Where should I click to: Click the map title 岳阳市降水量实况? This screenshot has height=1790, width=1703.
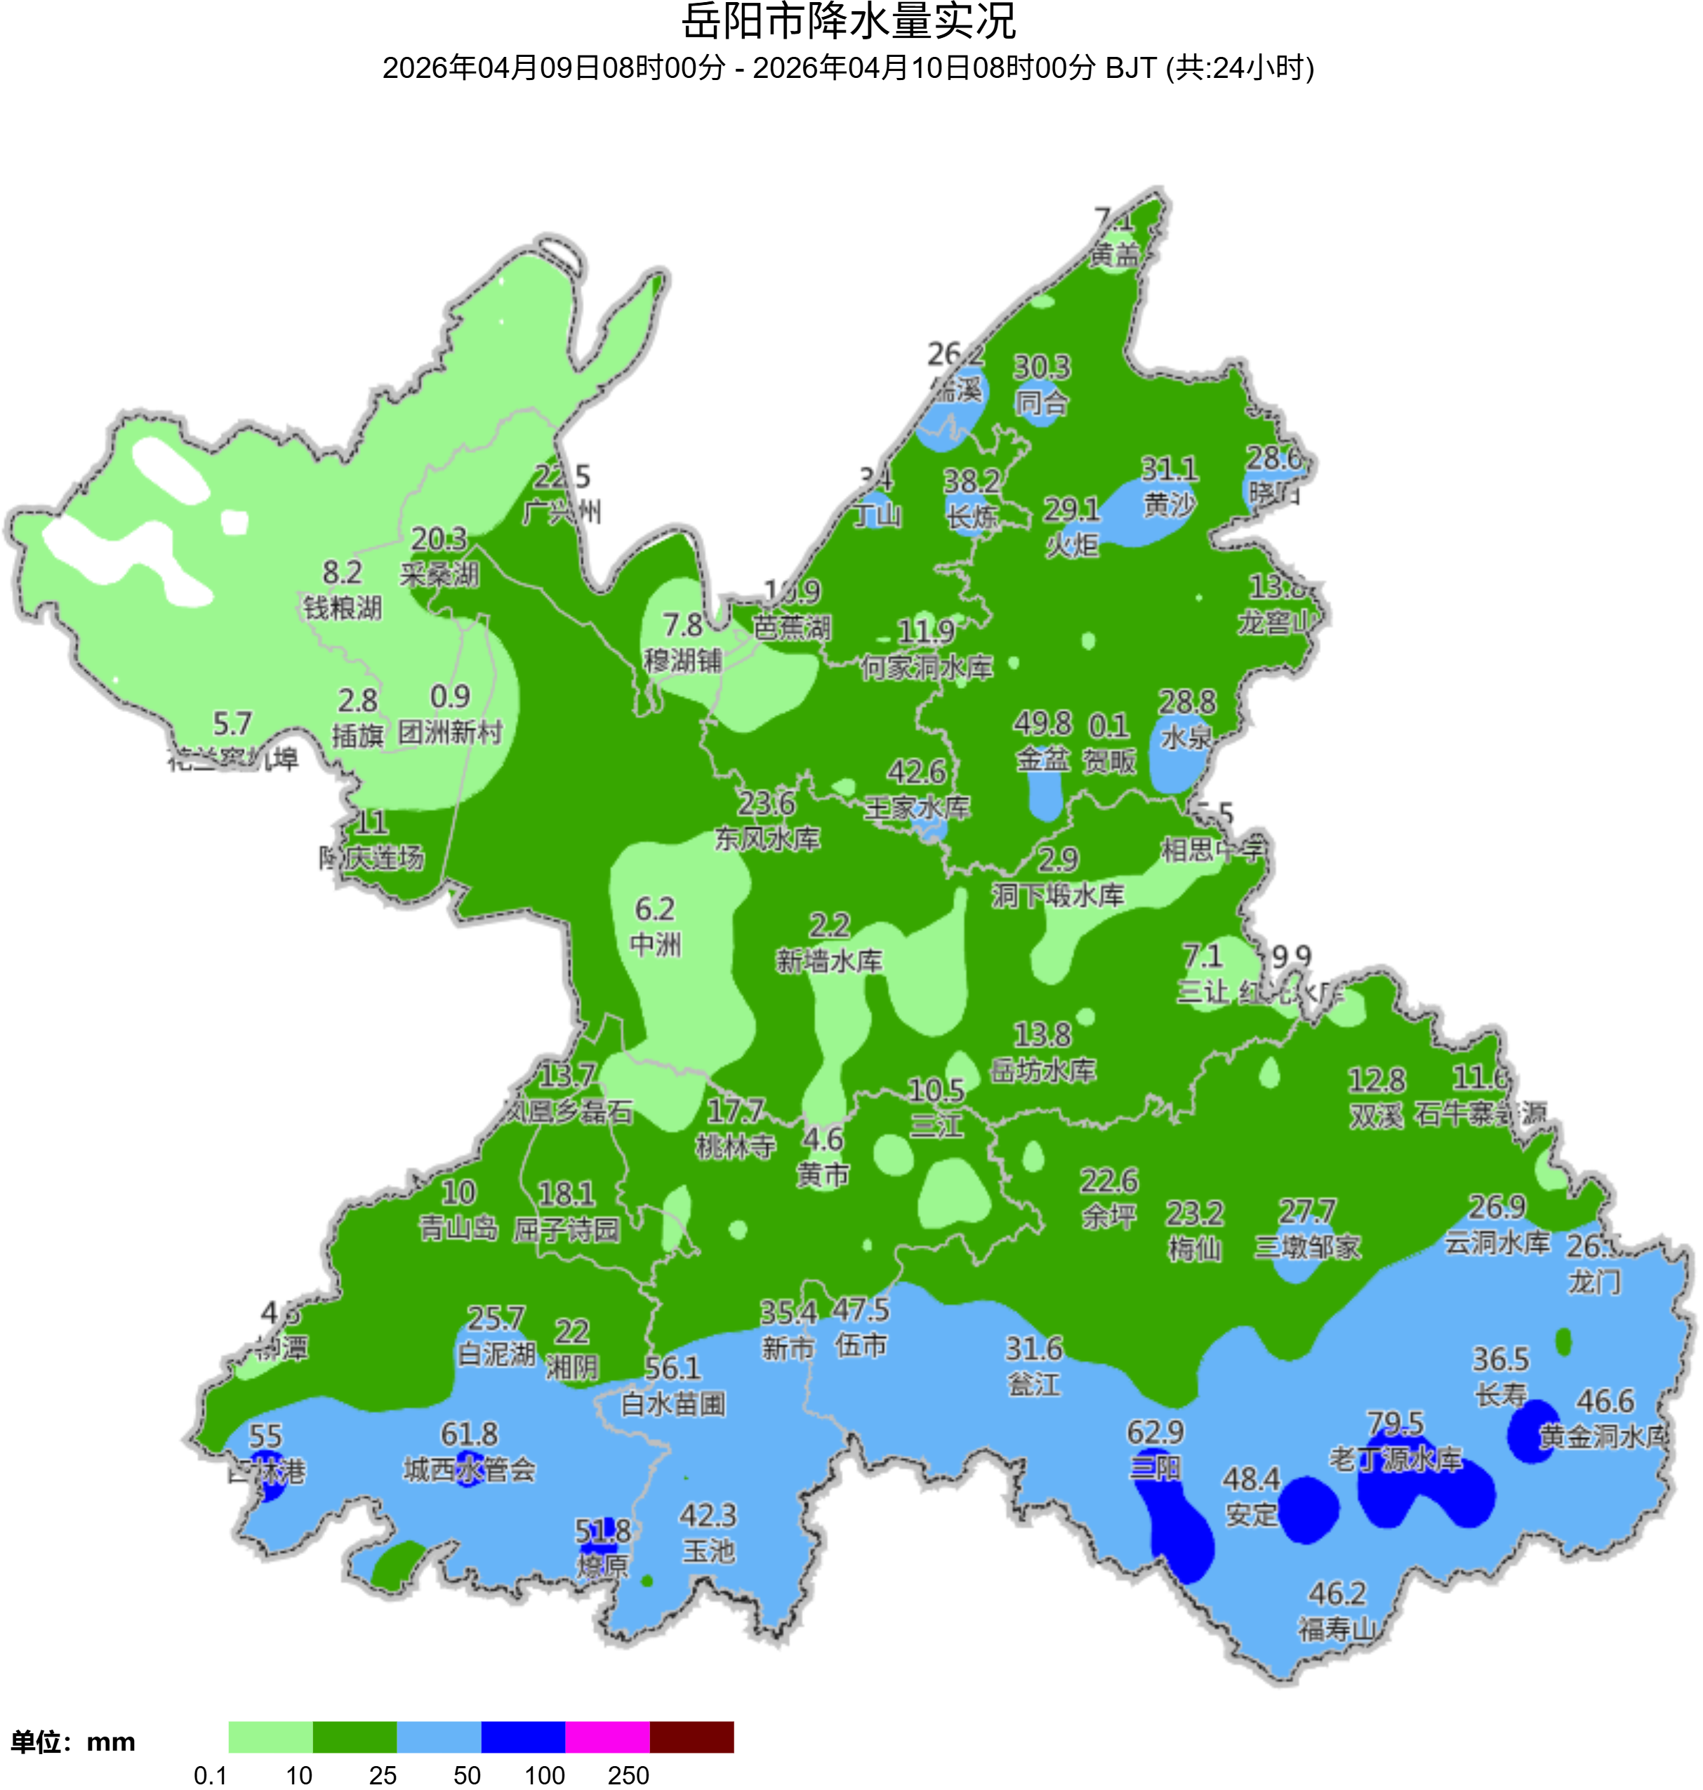(x=849, y=22)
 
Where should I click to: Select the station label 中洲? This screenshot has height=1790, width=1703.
(x=656, y=945)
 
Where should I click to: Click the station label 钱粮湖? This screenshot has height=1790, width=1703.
(x=343, y=607)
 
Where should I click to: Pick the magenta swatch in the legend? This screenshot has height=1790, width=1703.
(x=607, y=1737)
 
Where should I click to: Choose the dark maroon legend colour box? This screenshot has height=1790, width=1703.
(x=691, y=1737)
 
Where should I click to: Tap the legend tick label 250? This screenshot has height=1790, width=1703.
(x=628, y=1775)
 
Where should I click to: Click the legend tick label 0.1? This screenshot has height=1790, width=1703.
(x=211, y=1775)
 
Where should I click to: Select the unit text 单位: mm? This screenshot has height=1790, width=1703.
(x=72, y=1742)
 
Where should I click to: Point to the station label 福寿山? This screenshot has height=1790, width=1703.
(x=1337, y=1629)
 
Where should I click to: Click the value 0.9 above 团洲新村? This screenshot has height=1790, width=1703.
(x=450, y=697)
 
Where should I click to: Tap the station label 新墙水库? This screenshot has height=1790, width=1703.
(x=829, y=961)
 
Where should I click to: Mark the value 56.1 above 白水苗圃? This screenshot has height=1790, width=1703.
(x=672, y=1368)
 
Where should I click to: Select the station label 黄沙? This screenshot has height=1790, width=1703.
(x=1169, y=505)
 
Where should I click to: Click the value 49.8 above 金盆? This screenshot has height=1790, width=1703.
(x=1042, y=724)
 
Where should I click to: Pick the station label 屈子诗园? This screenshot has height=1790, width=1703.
(x=566, y=1230)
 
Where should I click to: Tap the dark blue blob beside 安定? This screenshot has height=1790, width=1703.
(x=1307, y=1509)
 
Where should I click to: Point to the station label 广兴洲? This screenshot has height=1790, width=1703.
(x=562, y=512)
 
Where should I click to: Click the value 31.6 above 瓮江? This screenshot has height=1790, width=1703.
(x=1034, y=1348)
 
